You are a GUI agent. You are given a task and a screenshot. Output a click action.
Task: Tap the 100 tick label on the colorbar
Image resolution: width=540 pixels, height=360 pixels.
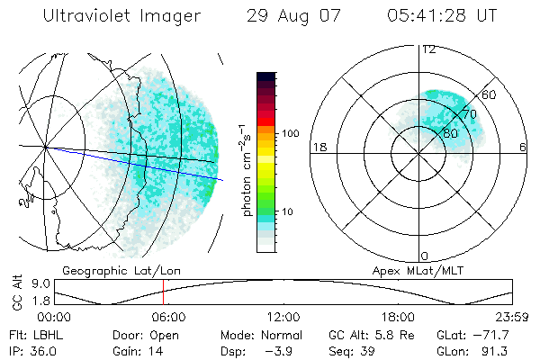coord(290,133)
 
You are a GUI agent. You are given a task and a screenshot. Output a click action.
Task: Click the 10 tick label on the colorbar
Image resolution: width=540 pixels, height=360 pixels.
coord(290,211)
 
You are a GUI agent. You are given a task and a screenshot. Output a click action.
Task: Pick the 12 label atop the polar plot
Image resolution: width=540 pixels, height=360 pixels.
coord(428,49)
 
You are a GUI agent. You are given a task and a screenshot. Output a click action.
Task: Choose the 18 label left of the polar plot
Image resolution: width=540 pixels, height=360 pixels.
coord(318,147)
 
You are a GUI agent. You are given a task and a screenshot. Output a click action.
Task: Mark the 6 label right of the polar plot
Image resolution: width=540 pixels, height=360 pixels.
coord(523,147)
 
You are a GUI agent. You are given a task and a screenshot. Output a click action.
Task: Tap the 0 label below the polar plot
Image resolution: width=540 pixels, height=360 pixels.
coord(426,256)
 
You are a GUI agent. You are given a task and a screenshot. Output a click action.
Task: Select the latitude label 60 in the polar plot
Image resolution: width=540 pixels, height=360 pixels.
coord(490,94)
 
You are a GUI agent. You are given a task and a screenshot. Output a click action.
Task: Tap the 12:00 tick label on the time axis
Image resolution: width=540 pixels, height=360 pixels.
coord(283,317)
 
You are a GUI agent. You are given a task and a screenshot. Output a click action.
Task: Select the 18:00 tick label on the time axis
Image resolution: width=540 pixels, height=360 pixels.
coord(398,317)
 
